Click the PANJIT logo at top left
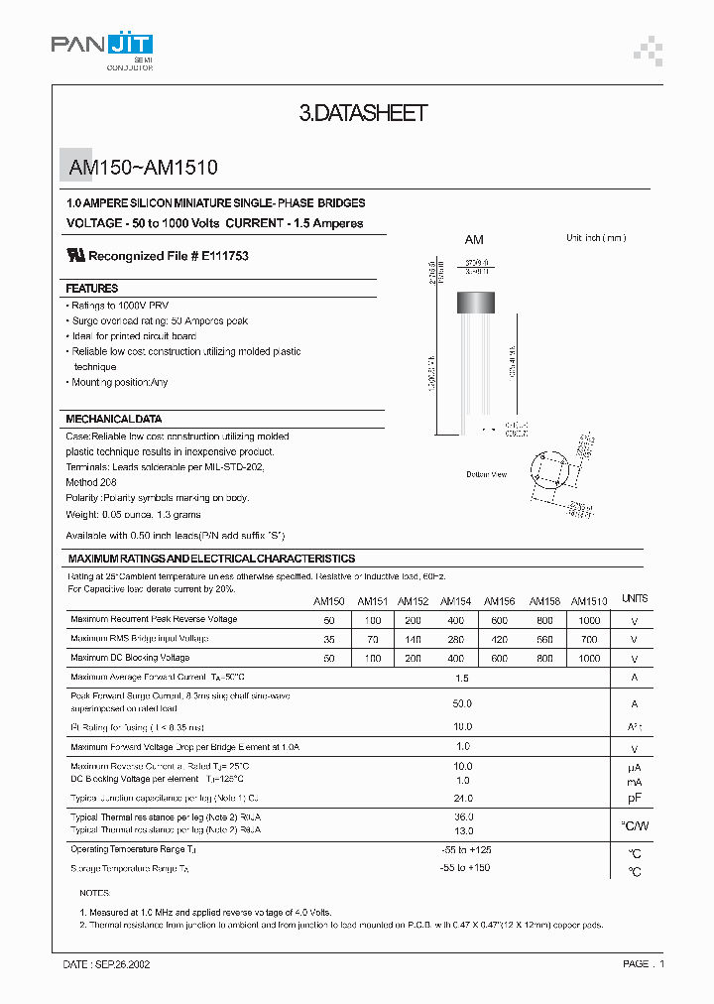click(102, 47)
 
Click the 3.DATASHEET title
click(363, 114)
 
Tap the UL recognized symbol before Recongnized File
click(75, 255)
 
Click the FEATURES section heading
click(92, 289)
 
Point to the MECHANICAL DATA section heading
click(113, 419)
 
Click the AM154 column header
click(455, 601)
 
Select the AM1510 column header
click(589, 601)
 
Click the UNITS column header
click(634, 599)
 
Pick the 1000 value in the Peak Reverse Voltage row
click(589, 620)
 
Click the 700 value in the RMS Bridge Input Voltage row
click(589, 639)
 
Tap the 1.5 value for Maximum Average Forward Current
click(462, 678)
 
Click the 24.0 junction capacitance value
click(462, 799)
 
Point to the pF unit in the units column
click(634, 799)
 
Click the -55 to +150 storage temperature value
click(465, 868)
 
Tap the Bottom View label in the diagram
click(486, 474)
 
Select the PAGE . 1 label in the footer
click(644, 963)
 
